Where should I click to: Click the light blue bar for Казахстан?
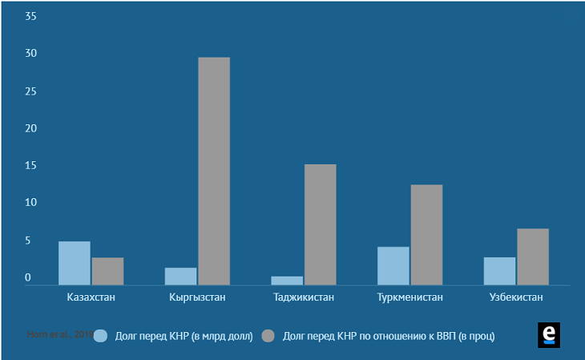coord(75,263)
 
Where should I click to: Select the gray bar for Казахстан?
coord(107,271)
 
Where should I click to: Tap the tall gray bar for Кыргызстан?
coord(214,171)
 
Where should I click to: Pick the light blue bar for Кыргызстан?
coord(180,276)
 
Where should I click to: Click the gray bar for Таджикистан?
coord(320,224)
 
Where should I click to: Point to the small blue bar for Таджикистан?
coord(287,281)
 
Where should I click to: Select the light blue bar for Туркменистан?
coord(393,265)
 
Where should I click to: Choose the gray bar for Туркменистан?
coord(426,235)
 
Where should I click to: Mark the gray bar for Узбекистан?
coord(533,257)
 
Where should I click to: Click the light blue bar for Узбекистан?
coord(499,271)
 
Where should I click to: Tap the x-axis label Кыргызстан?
coord(197,297)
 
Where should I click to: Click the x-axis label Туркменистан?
coord(409,297)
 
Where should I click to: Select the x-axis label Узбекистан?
coord(516,297)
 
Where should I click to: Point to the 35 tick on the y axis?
coord(30,16)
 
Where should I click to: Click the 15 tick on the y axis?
coord(30,166)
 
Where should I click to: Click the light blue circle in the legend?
coord(101,336)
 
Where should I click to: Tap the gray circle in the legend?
coord(269,336)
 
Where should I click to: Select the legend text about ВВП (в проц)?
coord(389,336)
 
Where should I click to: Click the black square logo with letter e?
coord(549,335)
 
